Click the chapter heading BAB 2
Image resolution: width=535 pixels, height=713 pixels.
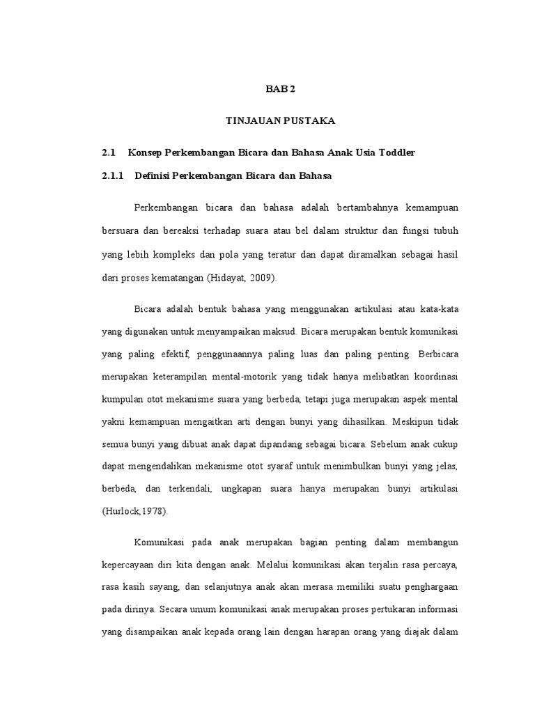pos(281,90)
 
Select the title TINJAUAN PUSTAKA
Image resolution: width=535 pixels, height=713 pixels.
pos(281,121)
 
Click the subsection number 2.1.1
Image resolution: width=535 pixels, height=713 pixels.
pos(112,176)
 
